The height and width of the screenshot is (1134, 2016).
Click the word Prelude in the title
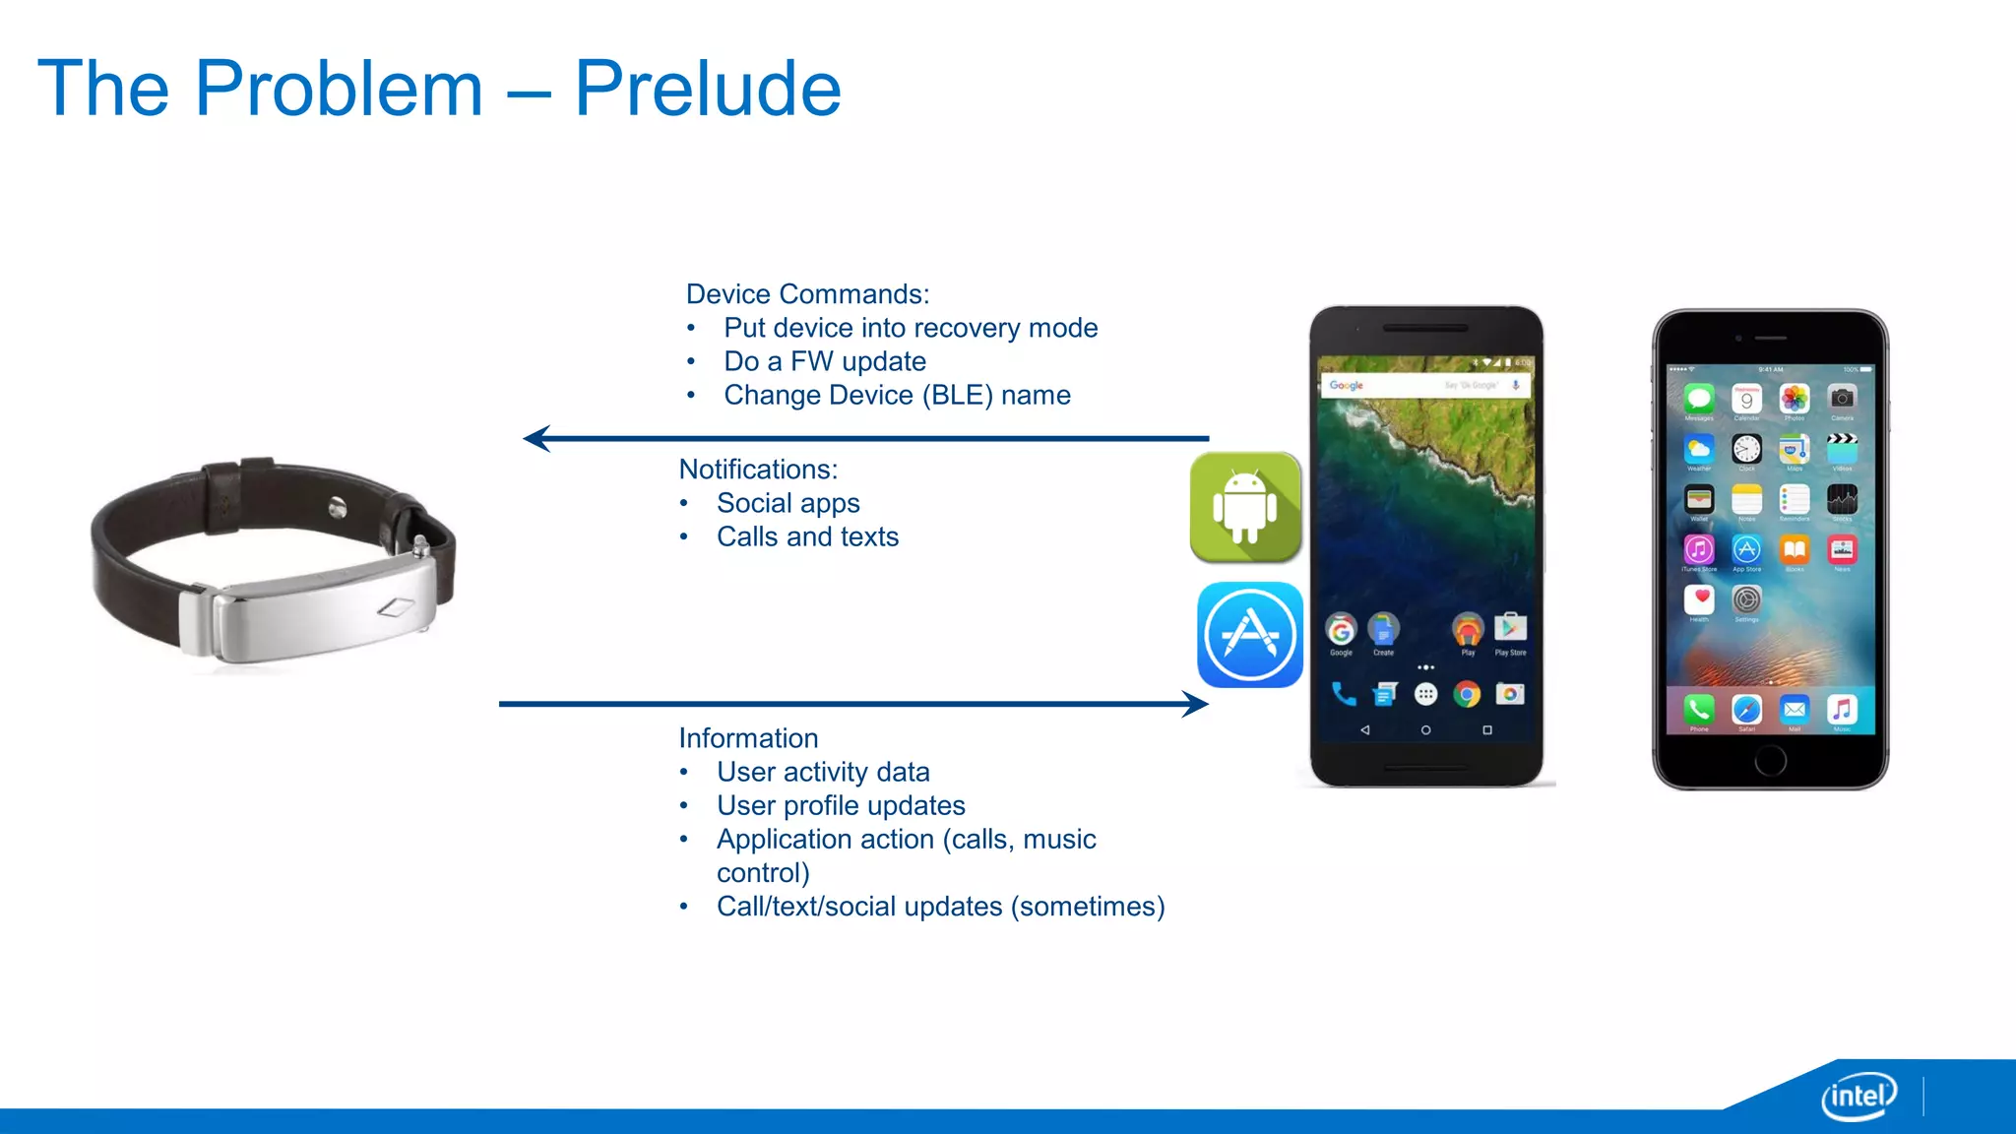click(707, 89)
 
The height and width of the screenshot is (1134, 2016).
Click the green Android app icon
click(1245, 508)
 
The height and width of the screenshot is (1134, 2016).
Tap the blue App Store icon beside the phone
click(1250, 635)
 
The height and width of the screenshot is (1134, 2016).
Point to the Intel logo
click(1858, 1096)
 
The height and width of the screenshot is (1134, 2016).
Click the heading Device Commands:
click(807, 294)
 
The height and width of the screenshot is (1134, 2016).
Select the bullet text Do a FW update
click(825, 361)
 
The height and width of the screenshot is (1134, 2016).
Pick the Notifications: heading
click(758, 470)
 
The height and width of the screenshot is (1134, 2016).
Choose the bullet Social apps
click(787, 503)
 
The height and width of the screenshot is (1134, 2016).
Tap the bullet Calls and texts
click(807, 536)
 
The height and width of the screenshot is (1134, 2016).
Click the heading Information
click(748, 738)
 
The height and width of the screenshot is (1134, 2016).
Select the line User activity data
click(823, 772)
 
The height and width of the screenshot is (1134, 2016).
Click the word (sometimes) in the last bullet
click(1088, 906)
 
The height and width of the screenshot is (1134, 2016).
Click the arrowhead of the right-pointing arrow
click(1197, 704)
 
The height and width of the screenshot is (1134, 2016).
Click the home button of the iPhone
click(1769, 760)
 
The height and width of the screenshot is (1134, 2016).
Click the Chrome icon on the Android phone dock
click(1467, 694)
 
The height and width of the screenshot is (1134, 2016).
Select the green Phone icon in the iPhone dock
click(1699, 709)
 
